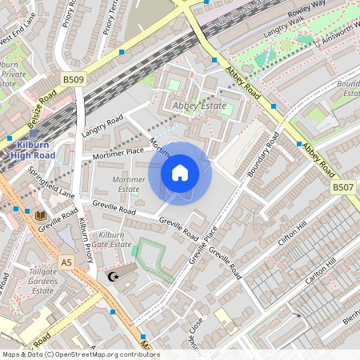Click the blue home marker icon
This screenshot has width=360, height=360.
(x=180, y=173)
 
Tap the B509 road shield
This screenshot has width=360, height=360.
(x=74, y=79)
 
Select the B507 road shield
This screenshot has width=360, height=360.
(x=342, y=187)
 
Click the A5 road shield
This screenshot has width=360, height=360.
(x=66, y=261)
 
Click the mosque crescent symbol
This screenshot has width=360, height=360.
(x=113, y=277)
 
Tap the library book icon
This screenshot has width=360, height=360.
(x=40, y=214)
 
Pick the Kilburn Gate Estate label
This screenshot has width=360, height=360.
(x=111, y=238)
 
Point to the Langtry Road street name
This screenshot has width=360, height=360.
(x=102, y=126)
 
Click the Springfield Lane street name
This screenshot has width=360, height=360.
(x=50, y=182)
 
